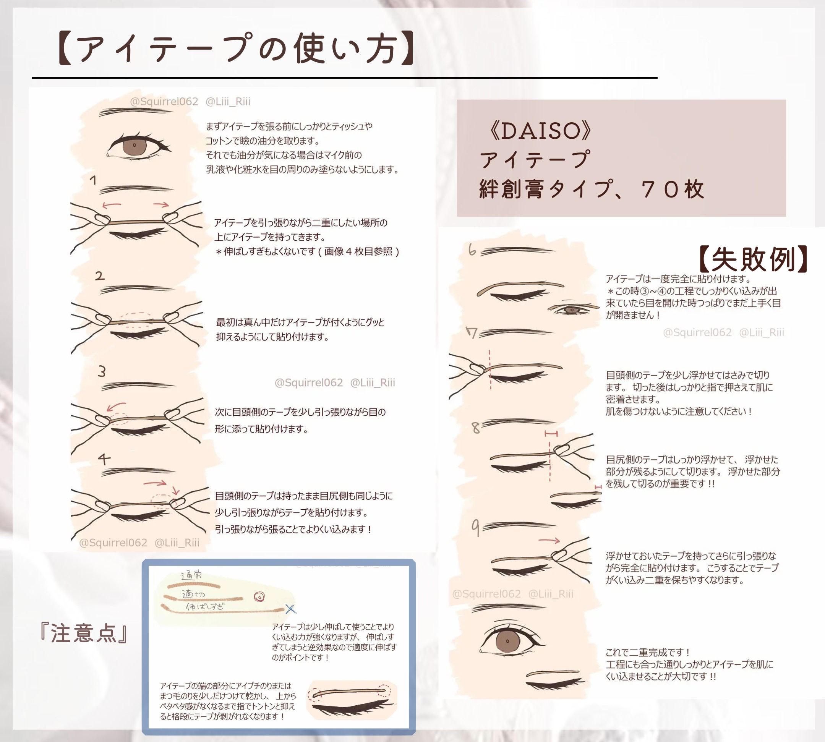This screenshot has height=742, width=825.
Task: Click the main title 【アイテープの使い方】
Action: [x=236, y=49]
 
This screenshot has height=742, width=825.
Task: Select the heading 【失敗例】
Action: [x=753, y=259]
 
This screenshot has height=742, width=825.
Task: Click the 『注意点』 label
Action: [x=84, y=634]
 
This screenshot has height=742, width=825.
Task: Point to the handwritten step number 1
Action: [x=93, y=180]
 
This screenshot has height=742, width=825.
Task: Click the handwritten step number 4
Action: [x=104, y=458]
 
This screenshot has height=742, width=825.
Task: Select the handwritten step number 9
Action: [x=475, y=528]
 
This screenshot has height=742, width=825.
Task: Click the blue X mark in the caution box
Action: [x=290, y=609]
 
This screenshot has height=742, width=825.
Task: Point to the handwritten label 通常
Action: [x=191, y=576]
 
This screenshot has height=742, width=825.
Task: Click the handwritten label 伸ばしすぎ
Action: [x=205, y=607]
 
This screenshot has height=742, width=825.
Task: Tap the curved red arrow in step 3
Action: [x=115, y=407]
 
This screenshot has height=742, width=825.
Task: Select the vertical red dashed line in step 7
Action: [x=490, y=369]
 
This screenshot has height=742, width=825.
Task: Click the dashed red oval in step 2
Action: [x=137, y=320]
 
